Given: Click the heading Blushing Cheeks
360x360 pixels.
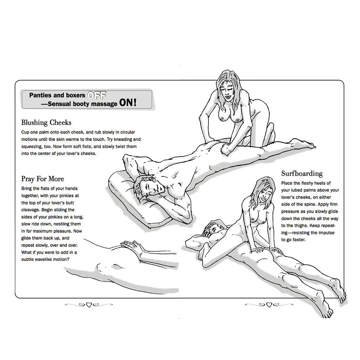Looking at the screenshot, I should point(46,123).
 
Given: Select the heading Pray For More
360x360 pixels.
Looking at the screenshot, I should point(43,179).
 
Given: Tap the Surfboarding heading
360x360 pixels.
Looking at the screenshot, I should point(302,174).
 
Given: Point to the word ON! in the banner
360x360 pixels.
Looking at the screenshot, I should point(128,103).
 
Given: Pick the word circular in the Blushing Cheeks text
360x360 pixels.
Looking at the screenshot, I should point(130,132).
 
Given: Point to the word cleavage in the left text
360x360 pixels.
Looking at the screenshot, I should point(31,210).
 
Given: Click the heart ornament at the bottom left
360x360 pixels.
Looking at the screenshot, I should point(89,305).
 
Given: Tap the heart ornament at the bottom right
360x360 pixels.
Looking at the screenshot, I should point(269,305).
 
